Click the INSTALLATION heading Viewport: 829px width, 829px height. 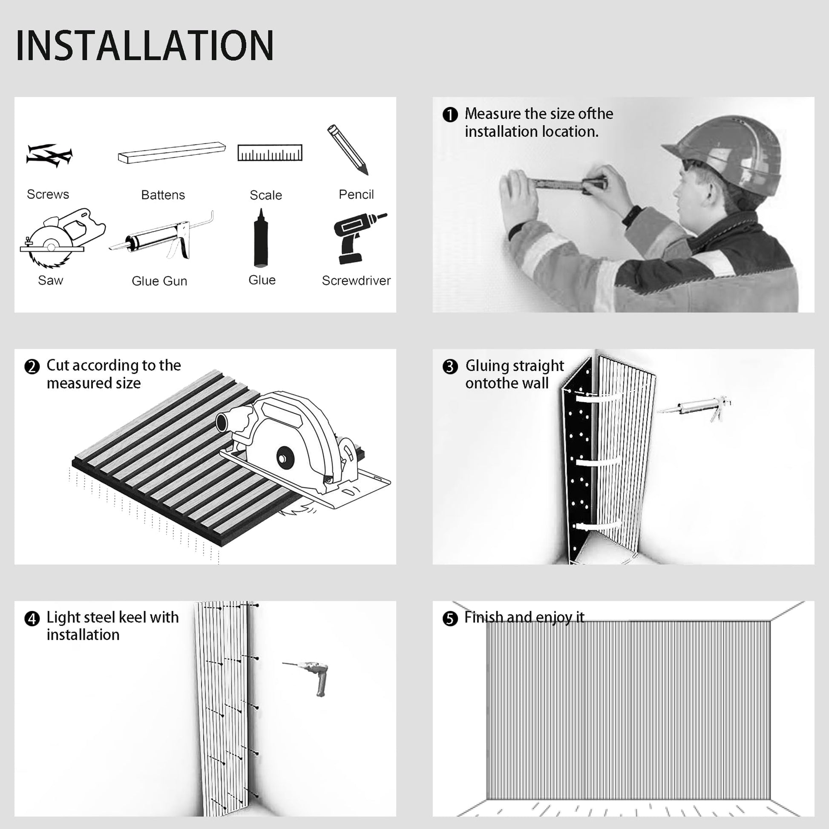(x=144, y=45)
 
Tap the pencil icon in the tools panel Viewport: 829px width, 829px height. (x=348, y=150)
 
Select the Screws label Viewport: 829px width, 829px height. (x=48, y=194)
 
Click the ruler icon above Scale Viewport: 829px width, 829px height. (x=270, y=153)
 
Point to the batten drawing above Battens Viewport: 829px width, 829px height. (x=172, y=153)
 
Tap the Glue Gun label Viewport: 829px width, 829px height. (x=159, y=281)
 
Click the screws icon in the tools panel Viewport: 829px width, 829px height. (x=49, y=155)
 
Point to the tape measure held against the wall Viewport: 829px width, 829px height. (x=569, y=185)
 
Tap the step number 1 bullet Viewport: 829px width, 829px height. (x=450, y=115)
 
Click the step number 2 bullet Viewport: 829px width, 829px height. (x=32, y=366)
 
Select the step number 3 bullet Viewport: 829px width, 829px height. (x=450, y=366)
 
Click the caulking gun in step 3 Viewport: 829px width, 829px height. (x=694, y=407)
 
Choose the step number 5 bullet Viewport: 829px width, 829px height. (x=450, y=618)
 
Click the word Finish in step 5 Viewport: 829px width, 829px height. (x=484, y=617)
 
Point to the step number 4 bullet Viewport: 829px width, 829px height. (x=32, y=619)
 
